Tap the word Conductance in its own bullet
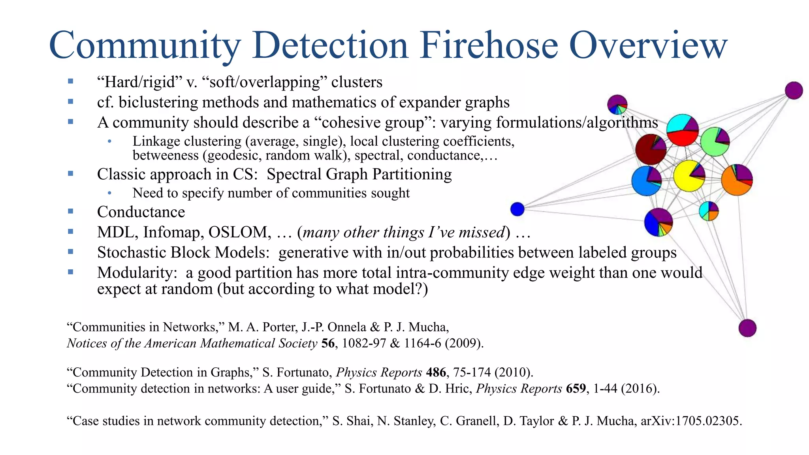point(141,212)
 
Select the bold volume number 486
point(436,372)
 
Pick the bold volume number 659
point(576,389)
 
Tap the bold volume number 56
point(328,343)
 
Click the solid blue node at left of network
point(517,209)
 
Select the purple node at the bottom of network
point(747,328)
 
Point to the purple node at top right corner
point(794,90)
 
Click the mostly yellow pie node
point(689,176)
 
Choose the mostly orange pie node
point(737,180)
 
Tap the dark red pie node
point(651,149)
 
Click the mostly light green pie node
point(715,142)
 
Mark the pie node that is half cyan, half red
point(682,130)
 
